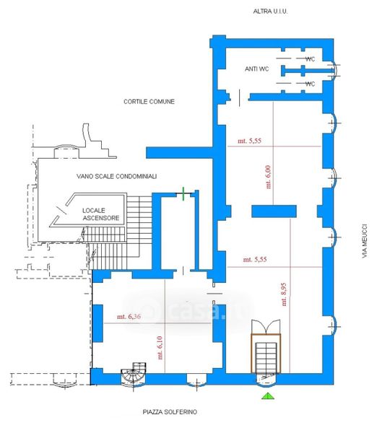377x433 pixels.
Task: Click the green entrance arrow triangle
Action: tap(268, 396)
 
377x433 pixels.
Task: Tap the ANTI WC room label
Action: tap(257, 69)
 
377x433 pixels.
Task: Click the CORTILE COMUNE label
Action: tap(149, 102)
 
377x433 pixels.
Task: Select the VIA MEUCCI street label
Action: tap(365, 241)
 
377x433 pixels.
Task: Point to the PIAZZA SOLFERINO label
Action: tap(170, 412)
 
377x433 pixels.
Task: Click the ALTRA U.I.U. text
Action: tap(270, 12)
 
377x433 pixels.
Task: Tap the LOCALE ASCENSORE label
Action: tap(101, 214)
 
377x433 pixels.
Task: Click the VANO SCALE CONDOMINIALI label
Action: tap(116, 176)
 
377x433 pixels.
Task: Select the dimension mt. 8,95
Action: tap(284, 294)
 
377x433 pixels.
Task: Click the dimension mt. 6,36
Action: tap(129, 317)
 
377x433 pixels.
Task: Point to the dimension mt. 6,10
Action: tap(160, 348)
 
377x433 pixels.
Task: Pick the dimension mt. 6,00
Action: tap(269, 177)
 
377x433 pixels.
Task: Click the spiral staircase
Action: tap(134, 375)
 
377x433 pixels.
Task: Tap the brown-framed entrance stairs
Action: tap(266, 354)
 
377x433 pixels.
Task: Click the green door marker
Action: tap(183, 193)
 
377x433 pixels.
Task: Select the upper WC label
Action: tap(310, 59)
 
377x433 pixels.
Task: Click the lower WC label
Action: tap(310, 84)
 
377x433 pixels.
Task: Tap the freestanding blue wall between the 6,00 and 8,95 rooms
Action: tap(274, 211)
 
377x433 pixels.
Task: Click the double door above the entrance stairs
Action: tap(266, 327)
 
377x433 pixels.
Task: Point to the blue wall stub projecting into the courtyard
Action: tap(179, 153)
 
